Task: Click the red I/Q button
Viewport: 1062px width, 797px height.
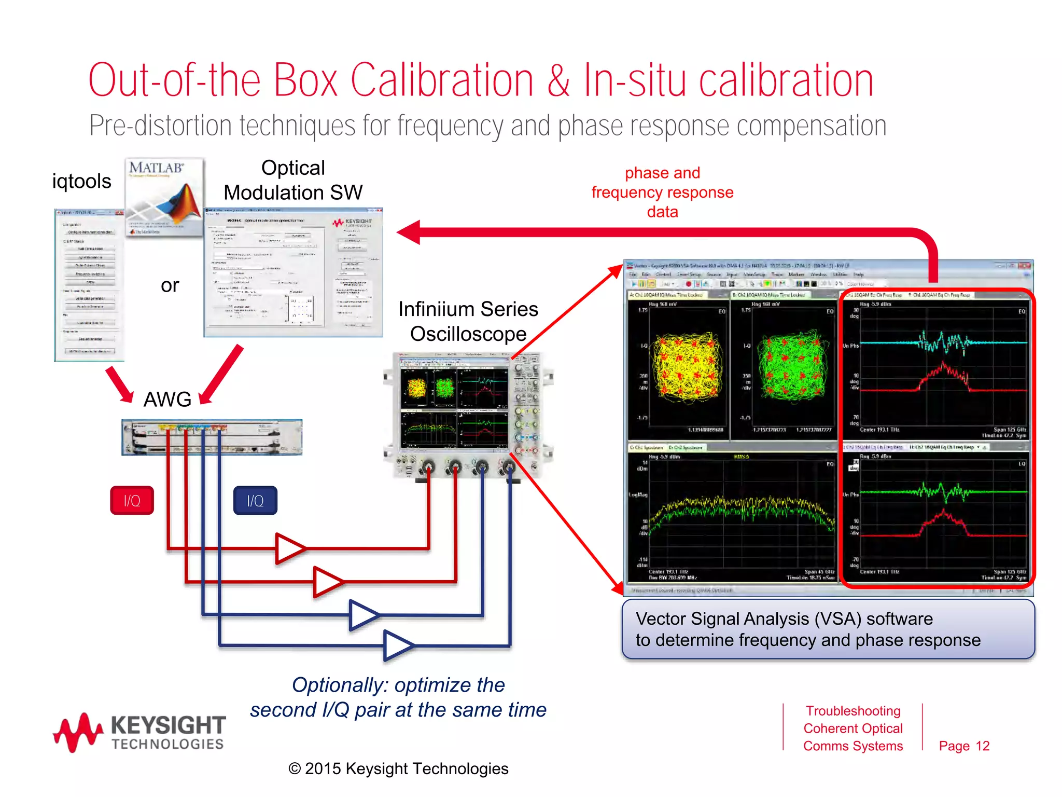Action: (132, 500)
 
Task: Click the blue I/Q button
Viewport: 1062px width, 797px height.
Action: (255, 500)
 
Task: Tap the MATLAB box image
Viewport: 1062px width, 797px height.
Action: (164, 197)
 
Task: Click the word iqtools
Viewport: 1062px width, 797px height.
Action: (81, 182)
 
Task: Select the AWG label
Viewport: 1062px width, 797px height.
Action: (167, 400)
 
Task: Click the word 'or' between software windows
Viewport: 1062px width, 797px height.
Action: (170, 285)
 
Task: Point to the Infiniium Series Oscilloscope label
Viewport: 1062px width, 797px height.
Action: (468, 322)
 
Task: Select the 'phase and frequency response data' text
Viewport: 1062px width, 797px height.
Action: (662, 192)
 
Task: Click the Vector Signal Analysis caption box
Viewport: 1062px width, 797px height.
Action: (828, 629)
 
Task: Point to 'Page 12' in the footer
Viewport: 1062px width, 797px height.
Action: (964, 746)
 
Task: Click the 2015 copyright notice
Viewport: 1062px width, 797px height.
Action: (398, 768)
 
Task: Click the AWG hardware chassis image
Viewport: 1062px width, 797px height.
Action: (212, 437)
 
